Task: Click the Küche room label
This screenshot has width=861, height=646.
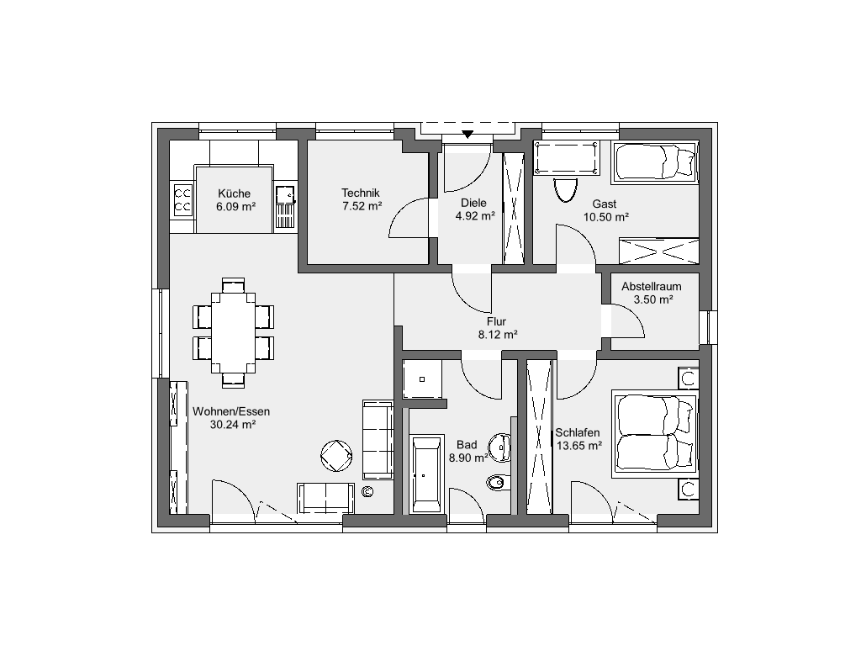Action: [234, 193]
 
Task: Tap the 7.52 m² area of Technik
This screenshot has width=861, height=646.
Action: [362, 206]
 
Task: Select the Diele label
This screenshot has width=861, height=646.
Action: [473, 202]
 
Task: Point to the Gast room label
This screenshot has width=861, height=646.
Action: [604, 204]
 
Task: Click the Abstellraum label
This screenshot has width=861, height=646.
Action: [652, 286]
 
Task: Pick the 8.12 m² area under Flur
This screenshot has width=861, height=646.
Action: [498, 334]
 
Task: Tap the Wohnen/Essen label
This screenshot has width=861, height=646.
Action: [231, 411]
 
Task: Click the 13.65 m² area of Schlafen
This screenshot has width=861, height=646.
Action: [578, 446]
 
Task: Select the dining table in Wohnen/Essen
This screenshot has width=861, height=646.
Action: [234, 333]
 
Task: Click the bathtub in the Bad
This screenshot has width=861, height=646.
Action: [426, 474]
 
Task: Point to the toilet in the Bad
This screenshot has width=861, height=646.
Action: [498, 482]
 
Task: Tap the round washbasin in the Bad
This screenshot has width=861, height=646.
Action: [500, 447]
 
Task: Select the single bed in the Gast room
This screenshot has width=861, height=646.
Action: [655, 161]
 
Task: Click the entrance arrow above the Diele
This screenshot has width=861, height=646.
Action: [467, 134]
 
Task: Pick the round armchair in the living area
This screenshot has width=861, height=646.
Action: [336, 455]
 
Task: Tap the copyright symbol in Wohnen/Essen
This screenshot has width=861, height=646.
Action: [367, 491]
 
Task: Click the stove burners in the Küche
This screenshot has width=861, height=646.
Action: [182, 200]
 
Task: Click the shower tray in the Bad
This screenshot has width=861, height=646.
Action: [422, 379]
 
